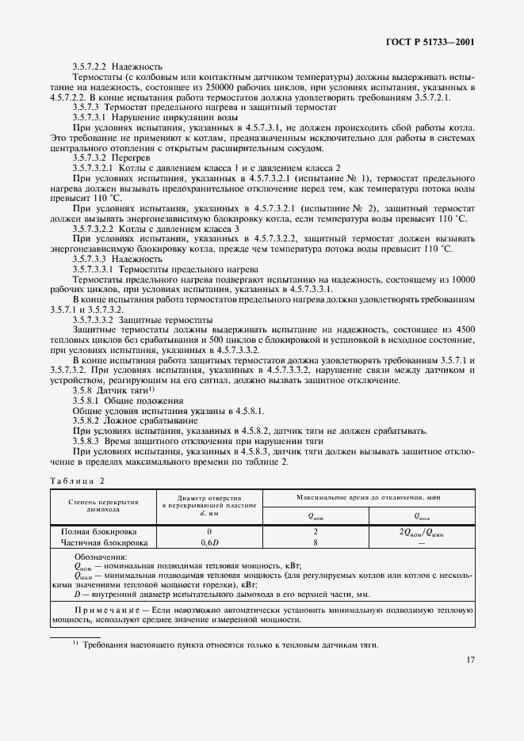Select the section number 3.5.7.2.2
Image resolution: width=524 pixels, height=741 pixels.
(x=91, y=67)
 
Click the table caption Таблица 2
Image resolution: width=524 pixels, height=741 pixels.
(x=78, y=481)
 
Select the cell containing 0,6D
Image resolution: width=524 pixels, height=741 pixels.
(x=209, y=543)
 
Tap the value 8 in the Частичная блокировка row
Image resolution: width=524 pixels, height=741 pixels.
(x=315, y=543)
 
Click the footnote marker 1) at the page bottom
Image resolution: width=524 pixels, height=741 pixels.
(x=75, y=642)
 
